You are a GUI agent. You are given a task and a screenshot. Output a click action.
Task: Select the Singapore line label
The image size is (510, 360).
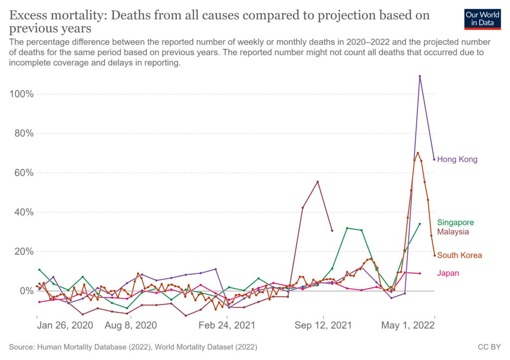455,223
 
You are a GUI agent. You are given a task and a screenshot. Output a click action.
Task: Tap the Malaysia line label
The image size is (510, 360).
453,232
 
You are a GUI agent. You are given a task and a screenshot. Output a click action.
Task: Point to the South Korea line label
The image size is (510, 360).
459,255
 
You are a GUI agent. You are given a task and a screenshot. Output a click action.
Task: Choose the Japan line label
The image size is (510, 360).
448,273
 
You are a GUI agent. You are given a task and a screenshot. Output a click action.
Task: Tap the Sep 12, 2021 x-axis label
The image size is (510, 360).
324,326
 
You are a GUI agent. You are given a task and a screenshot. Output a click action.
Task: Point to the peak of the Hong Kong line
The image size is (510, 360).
420,76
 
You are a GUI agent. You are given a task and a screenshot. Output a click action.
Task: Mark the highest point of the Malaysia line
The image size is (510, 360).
318,182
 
